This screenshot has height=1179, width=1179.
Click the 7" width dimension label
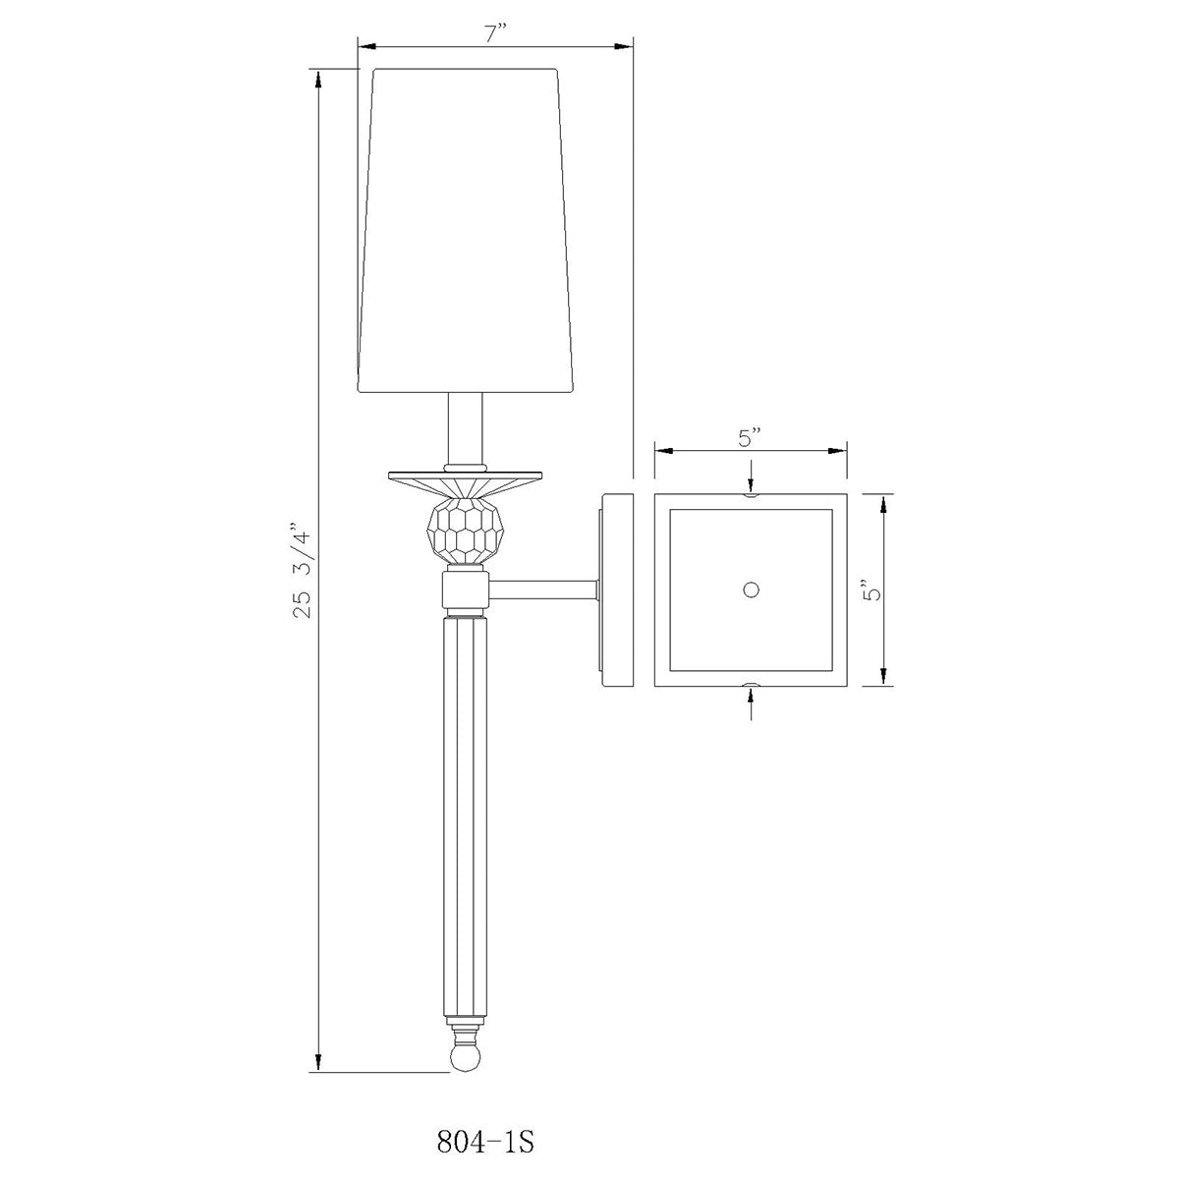pyautogui.click(x=493, y=34)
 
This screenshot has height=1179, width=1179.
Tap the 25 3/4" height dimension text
pyautogui.click(x=304, y=562)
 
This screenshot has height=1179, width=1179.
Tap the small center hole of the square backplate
pyautogui.click(x=751, y=589)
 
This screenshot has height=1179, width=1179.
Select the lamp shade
pyautogui.click(x=466, y=231)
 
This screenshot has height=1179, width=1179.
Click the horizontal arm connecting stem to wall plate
pyautogui.click(x=542, y=590)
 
